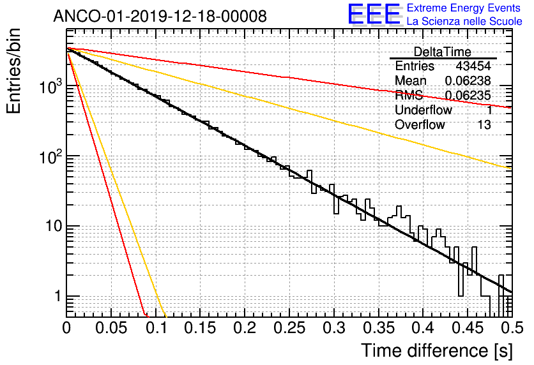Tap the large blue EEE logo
coord(374,15)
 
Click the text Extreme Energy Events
coord(464,8)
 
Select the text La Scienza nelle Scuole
coord(464,22)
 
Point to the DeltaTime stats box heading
coord(442,52)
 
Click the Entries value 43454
coord(473,66)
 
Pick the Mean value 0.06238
coord(468,81)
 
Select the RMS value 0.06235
coord(468,96)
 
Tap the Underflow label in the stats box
coord(423,110)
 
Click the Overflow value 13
coord(484,125)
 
